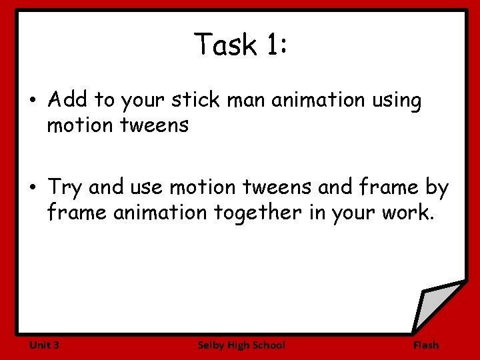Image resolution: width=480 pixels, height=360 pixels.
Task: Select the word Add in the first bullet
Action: (67, 100)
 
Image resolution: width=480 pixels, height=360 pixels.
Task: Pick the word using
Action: (397, 100)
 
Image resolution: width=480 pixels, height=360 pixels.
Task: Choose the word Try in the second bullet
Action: (65, 188)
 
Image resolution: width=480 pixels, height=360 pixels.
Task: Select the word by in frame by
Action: (437, 188)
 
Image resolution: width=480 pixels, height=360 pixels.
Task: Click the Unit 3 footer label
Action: (45, 345)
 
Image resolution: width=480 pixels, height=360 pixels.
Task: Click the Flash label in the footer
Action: (426, 345)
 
